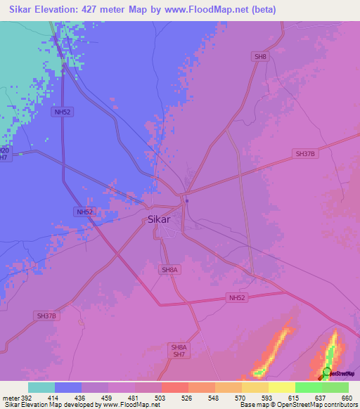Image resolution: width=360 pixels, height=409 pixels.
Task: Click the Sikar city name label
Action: tap(160, 219)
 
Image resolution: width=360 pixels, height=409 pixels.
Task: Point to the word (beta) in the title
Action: tap(260, 10)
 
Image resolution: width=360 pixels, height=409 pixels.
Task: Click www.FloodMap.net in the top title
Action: tap(202, 10)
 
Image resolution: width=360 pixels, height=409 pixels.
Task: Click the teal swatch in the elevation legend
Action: tap(41, 387)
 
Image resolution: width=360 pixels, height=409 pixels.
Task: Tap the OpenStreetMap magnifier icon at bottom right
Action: tap(326, 373)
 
